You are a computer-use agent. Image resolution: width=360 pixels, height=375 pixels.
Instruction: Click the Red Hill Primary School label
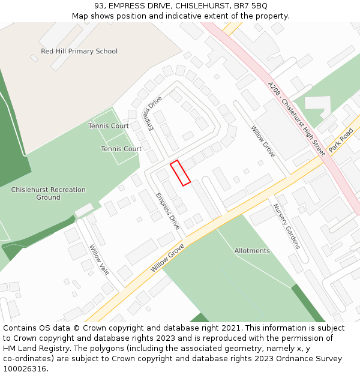tap(79, 52)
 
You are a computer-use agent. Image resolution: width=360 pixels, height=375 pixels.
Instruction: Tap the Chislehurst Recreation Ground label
tap(48, 193)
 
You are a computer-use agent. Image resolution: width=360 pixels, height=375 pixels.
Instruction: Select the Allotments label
tap(252, 251)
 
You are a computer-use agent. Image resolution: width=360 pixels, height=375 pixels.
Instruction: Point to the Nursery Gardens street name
tap(286, 226)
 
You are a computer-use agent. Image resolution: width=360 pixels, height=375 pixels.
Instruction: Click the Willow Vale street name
tap(99, 259)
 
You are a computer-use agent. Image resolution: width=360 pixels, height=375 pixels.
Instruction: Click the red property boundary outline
tap(180, 173)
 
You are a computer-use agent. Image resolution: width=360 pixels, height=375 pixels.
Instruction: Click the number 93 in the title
tap(99, 6)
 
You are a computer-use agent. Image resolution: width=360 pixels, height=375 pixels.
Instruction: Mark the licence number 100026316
tap(24, 369)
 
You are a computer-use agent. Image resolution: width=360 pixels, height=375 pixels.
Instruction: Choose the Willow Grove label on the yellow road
tap(167, 258)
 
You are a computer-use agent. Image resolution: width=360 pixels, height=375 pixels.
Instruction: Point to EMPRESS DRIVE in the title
tap(138, 6)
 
